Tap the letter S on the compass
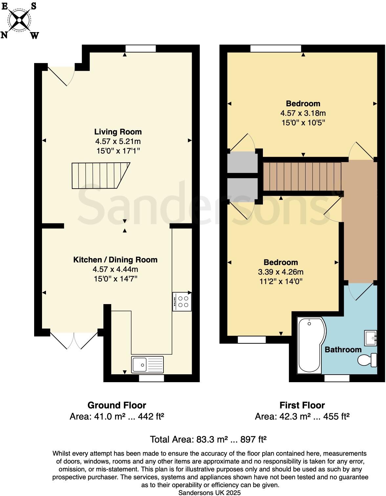click(x=33, y=6)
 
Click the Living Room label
click(x=118, y=132)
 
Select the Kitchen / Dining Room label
click(x=115, y=260)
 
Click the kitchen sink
click(x=147, y=364)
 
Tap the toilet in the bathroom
click(x=368, y=360)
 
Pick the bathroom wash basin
click(x=371, y=338)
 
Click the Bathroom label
click(x=343, y=350)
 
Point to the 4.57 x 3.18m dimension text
click(x=303, y=113)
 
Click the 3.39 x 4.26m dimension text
click(x=281, y=272)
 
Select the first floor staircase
click(x=302, y=177)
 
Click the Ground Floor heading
click(x=117, y=405)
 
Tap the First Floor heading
click(x=302, y=405)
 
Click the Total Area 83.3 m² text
click(x=208, y=439)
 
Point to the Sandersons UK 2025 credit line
click(x=209, y=492)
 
